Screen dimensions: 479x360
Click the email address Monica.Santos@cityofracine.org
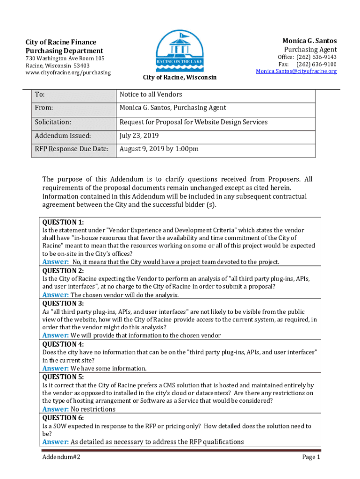click(296, 71)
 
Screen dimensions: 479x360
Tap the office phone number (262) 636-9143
click(316, 57)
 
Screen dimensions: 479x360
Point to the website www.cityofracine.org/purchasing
click(68, 73)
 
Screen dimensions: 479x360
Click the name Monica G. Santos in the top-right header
click(309, 41)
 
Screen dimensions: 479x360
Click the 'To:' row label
click(40, 94)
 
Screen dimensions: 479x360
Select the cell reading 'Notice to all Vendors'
click(151, 94)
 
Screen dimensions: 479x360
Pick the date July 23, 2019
click(139, 136)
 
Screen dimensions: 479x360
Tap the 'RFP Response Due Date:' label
click(72, 149)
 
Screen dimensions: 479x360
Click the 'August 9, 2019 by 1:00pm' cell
click(159, 149)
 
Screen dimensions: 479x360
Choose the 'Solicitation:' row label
click(53, 122)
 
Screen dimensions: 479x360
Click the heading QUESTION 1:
click(63, 222)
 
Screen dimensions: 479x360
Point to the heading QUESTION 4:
click(63, 344)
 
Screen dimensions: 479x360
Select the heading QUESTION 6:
click(63, 418)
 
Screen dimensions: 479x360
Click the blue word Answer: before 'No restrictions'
click(56, 409)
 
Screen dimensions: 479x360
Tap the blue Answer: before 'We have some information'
click(56, 368)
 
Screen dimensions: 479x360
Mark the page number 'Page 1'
click(311, 457)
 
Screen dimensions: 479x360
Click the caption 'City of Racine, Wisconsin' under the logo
click(180, 77)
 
